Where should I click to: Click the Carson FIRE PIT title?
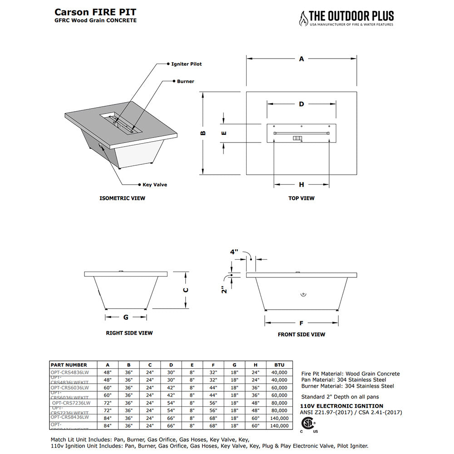click(95, 12)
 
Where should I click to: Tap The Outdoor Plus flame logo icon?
click(303, 18)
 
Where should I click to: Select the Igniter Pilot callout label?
click(187, 64)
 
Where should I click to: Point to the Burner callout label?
click(186, 82)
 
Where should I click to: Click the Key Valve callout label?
click(155, 185)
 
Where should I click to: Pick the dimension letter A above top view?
click(301, 59)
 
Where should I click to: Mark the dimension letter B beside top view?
click(203, 133)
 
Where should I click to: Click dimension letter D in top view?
click(301, 104)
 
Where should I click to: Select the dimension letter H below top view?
click(301, 184)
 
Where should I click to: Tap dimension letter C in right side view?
click(186, 290)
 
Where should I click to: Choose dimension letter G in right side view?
click(126, 317)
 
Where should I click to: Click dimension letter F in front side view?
click(301, 323)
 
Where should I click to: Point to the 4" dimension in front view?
click(234, 251)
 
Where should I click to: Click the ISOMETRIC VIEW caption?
click(123, 198)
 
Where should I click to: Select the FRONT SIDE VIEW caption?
click(301, 335)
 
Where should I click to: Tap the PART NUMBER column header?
click(69, 365)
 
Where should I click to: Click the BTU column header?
click(280, 365)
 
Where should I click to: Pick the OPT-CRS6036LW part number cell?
click(70, 388)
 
